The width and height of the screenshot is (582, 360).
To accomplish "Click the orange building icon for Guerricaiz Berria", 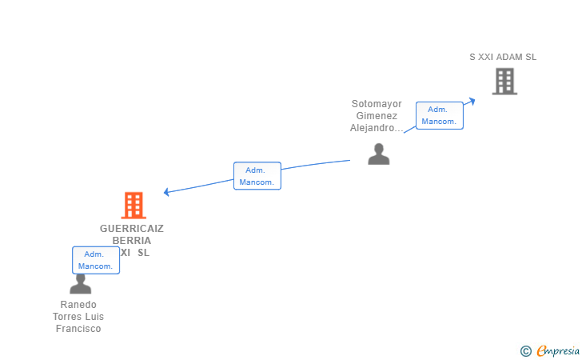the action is pyautogui.click(x=134, y=206).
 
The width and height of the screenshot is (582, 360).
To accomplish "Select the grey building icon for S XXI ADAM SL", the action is pyautogui.click(x=504, y=81).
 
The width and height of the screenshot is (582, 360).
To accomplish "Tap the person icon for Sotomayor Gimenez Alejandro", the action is pyautogui.click(x=378, y=154).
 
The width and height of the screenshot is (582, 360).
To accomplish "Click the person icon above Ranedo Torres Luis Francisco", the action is pyautogui.click(x=80, y=284).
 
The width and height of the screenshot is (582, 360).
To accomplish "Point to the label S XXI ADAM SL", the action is pyautogui.click(x=503, y=57).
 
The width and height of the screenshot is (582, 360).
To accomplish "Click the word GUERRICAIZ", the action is pyautogui.click(x=132, y=228).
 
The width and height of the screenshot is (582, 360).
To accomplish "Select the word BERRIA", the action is pyautogui.click(x=131, y=240).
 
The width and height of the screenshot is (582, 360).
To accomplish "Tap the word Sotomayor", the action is pyautogui.click(x=377, y=104).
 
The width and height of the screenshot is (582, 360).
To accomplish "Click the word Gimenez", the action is pyautogui.click(x=377, y=116).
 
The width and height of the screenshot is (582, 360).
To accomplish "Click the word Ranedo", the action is pyautogui.click(x=78, y=305).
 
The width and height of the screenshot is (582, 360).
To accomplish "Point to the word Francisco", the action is pyautogui.click(x=78, y=329).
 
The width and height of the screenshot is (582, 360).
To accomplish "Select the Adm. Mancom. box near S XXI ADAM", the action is pyautogui.click(x=440, y=115).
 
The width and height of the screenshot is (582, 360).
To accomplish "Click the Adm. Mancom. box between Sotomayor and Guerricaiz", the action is pyautogui.click(x=257, y=175).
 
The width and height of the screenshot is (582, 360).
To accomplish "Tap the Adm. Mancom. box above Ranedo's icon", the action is pyautogui.click(x=96, y=260).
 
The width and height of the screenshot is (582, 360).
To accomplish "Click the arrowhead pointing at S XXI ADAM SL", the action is pyautogui.click(x=472, y=100).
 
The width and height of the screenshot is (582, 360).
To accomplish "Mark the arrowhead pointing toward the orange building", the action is pyautogui.click(x=166, y=192).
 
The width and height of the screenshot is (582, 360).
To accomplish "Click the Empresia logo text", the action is pyautogui.click(x=558, y=350).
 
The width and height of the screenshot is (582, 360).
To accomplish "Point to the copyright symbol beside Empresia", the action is pyautogui.click(x=525, y=350).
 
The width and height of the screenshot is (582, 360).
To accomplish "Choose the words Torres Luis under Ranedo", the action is pyautogui.click(x=78, y=317).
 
